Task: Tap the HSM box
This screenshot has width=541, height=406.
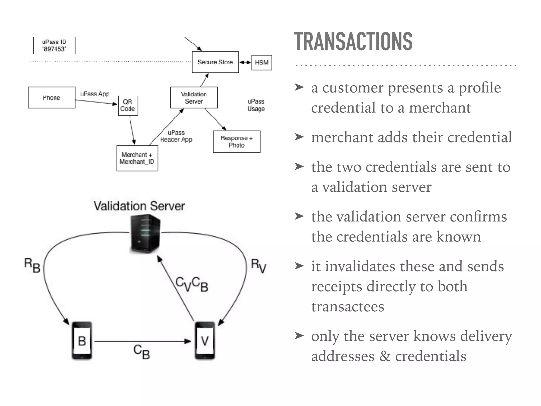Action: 262,62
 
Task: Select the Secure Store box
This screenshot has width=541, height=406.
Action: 215,62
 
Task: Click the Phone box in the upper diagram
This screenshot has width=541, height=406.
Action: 52,98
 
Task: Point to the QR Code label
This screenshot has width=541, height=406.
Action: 128,105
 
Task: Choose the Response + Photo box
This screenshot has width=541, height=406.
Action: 236,142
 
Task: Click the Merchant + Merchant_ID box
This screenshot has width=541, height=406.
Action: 137,158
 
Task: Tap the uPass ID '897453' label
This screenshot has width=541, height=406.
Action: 54,45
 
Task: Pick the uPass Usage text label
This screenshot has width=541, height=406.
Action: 256,105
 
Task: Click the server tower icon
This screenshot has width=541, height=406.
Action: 145,234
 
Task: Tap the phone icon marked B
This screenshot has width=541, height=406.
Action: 82,340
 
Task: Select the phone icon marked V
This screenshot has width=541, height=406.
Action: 205,340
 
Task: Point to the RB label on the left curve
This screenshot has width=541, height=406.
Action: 32,265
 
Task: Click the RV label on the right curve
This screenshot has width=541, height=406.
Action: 258,266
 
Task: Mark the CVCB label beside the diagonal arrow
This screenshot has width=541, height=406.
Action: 192,284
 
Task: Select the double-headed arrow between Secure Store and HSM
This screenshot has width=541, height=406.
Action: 245,62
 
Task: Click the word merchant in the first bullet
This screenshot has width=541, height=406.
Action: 440,108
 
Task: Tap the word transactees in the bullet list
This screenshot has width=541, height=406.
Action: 348,307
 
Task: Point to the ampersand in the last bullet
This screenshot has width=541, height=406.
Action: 385,356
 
